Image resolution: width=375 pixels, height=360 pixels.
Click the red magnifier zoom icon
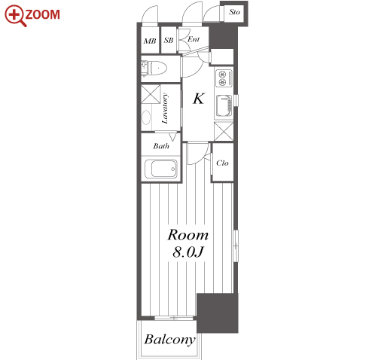click(15, 16)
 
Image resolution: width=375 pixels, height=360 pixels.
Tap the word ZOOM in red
click(42, 14)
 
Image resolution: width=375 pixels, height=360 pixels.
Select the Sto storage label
click(234, 12)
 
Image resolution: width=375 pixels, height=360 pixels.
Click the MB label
click(150, 41)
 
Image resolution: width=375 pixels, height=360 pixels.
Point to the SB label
click(169, 40)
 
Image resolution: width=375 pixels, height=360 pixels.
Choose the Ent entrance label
click(194, 39)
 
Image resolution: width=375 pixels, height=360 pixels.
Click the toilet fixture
click(154, 68)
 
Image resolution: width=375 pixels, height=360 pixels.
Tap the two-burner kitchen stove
click(224, 78)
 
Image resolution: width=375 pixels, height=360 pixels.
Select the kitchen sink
click(224, 105)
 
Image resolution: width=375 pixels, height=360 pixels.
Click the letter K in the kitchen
click(199, 99)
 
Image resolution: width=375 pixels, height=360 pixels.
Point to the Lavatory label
click(165, 108)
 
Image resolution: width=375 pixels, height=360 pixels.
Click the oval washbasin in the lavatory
click(146, 117)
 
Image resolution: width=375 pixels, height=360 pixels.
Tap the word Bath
click(161, 146)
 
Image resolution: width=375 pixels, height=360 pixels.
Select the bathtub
click(161, 169)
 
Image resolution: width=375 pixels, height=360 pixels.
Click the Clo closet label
click(222, 163)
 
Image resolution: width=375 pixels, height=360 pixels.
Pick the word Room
click(188, 235)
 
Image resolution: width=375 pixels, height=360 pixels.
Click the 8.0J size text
click(187, 252)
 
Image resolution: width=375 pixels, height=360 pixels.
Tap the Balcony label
click(169, 340)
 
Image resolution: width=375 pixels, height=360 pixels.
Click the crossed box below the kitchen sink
click(224, 131)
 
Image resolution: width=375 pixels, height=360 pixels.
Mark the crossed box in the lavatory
click(151, 94)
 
